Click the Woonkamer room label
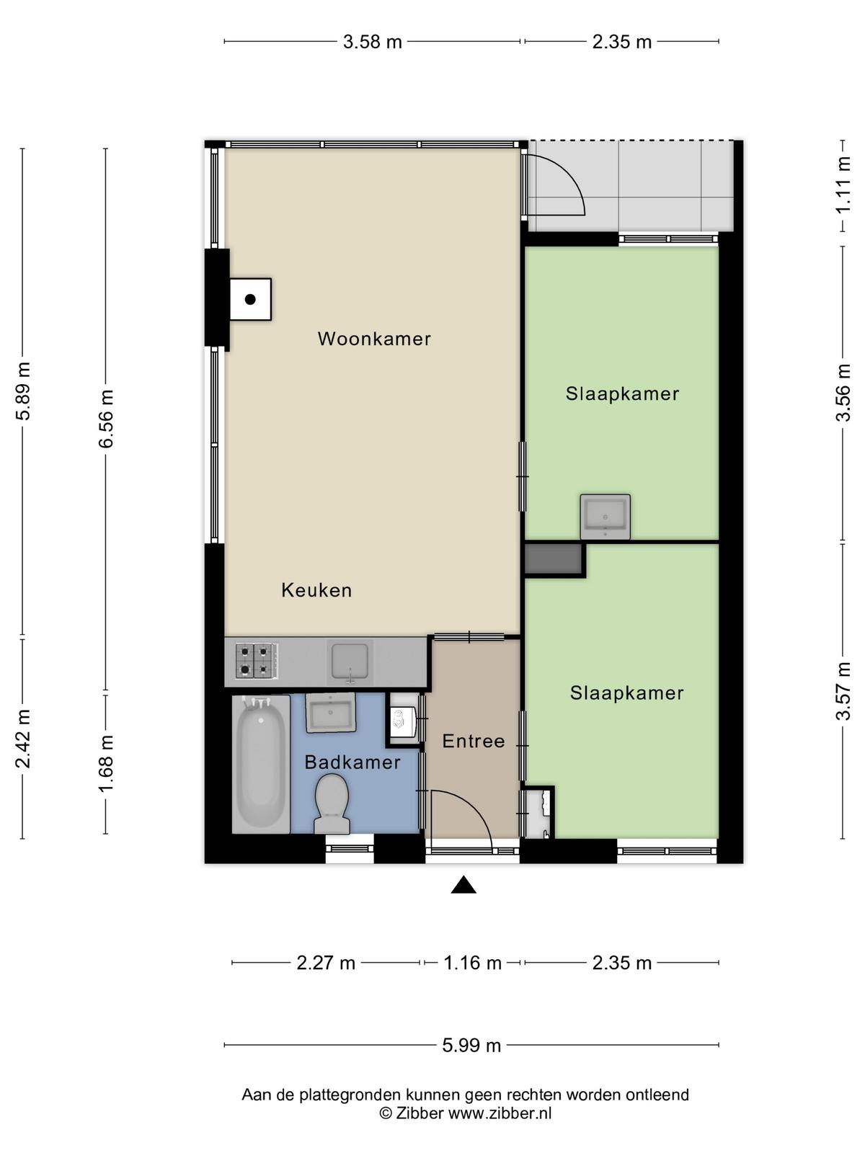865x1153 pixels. point(374,339)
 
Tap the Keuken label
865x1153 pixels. point(316,590)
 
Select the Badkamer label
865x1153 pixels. point(352,762)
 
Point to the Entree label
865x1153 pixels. point(473,742)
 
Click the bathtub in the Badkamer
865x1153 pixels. point(261,765)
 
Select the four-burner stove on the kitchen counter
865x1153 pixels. point(257,661)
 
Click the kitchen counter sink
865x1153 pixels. point(350,662)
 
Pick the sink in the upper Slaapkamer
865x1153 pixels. point(605,517)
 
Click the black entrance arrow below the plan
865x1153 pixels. point(463,885)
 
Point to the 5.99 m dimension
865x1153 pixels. point(471,1046)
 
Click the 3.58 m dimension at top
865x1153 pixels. point(373,42)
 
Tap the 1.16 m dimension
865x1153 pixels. point(473,963)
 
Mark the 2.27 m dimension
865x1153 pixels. point(326,963)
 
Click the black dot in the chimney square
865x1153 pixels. point(250,299)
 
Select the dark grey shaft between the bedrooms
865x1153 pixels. point(554,559)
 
